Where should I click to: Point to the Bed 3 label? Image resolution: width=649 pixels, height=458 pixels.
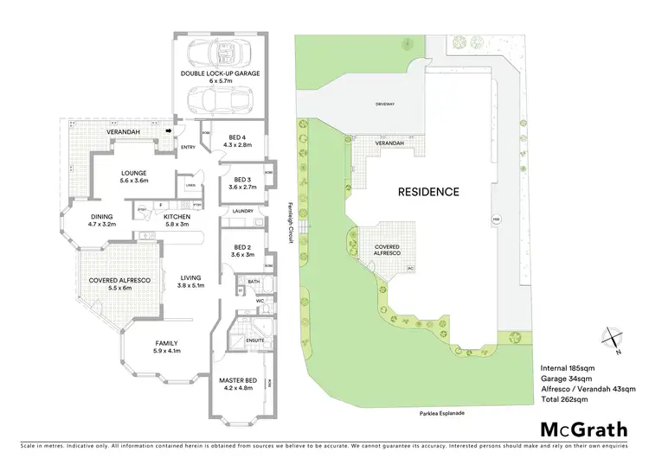click(239, 182)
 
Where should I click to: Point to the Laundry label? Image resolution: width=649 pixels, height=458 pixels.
click(243, 211)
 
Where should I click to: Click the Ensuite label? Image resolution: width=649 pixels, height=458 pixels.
click(255, 341)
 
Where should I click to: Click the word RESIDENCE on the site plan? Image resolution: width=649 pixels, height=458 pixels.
click(428, 192)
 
